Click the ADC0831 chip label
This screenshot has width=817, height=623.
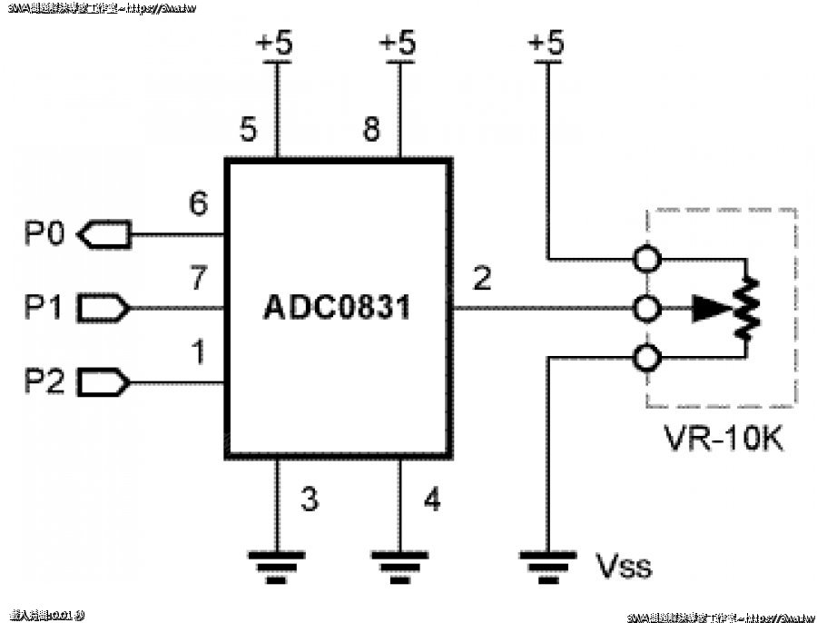pyautogui.click(x=337, y=308)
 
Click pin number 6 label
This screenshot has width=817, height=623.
pyautogui.click(x=198, y=204)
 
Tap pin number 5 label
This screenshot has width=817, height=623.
pyautogui.click(x=248, y=130)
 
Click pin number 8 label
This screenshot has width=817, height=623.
pyautogui.click(x=370, y=130)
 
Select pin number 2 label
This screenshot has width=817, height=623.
pyautogui.click(x=481, y=278)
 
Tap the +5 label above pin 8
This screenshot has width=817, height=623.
pyautogui.click(x=396, y=44)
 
